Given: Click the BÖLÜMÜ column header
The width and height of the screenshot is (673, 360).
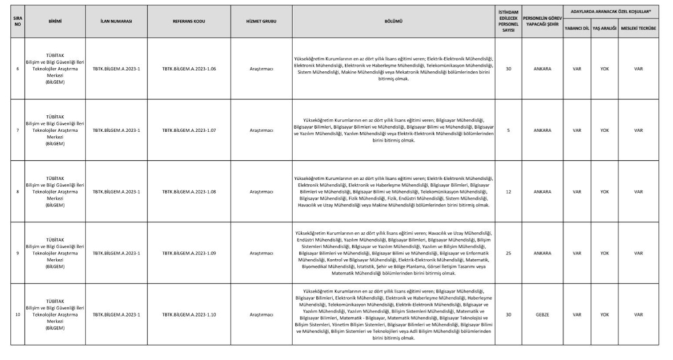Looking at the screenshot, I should point(394,22).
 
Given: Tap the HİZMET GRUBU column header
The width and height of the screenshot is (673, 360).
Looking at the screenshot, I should point(261,22).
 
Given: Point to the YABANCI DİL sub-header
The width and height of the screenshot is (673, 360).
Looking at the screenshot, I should point(576,30).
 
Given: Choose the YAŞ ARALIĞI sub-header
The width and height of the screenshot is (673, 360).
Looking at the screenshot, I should point(604,30).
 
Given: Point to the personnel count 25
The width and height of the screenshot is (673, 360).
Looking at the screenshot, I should point(508,253).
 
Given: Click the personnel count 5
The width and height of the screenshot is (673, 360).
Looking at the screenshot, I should point(508,130).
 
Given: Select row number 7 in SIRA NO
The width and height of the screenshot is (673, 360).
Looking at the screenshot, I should point(17,130).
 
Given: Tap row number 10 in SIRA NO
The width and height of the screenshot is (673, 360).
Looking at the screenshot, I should point(17,315).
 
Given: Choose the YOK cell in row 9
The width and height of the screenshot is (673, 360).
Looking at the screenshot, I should point(604,253).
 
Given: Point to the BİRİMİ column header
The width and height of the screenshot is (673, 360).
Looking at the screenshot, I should point(55,22).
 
